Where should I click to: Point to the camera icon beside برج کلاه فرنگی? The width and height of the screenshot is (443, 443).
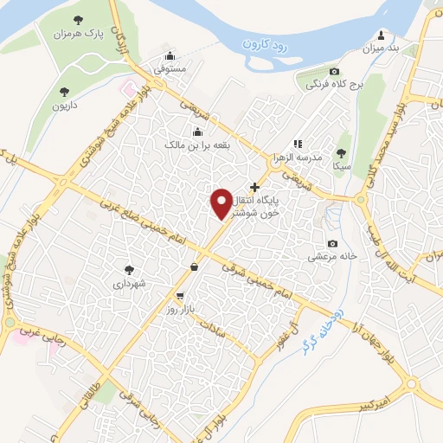335,71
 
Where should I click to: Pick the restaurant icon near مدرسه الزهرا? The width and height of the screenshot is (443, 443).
298,144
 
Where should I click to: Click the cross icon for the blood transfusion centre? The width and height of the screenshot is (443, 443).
254,187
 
